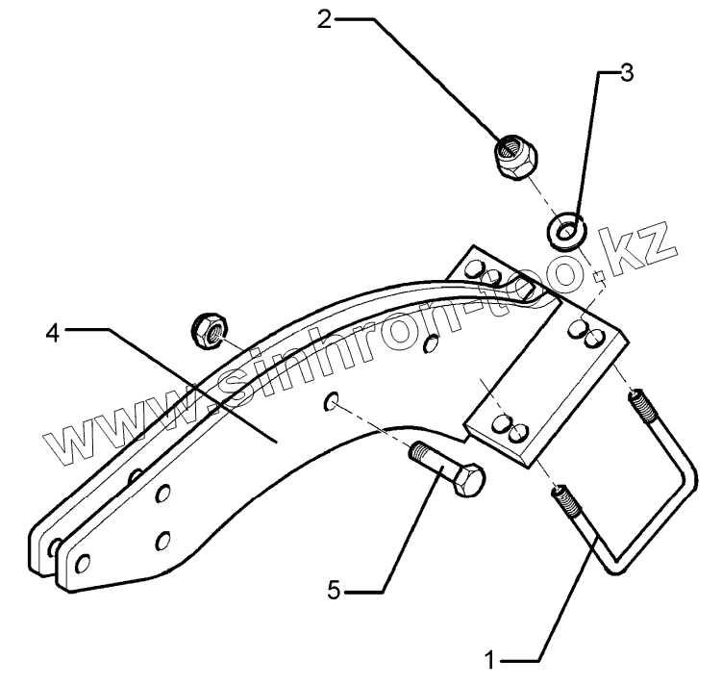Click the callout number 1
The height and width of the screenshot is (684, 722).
[490, 661]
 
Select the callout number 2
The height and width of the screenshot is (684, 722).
[326, 18]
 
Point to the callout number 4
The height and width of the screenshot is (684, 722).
[54, 333]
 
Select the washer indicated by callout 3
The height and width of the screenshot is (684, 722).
[568, 232]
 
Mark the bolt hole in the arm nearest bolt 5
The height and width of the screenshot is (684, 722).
[330, 400]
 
